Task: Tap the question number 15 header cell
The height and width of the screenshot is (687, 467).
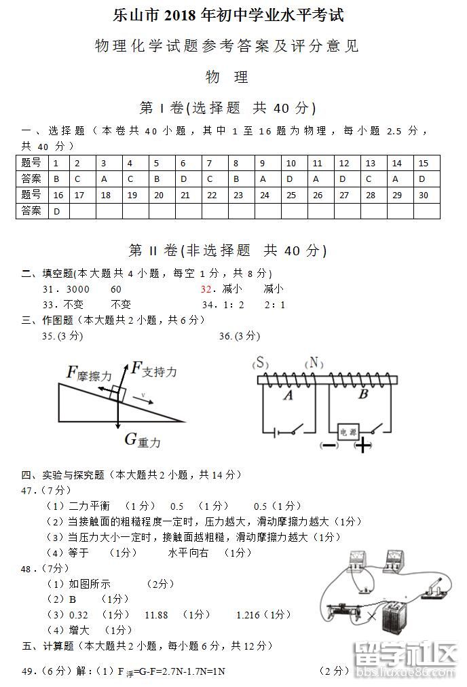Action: click(x=423, y=163)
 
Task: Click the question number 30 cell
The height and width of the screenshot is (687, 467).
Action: click(x=423, y=196)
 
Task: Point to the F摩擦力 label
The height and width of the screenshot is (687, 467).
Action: click(x=89, y=373)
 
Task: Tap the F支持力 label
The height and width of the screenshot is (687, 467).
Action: click(x=154, y=370)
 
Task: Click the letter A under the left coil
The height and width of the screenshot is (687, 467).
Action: click(x=288, y=395)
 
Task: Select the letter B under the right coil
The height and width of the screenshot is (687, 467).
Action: click(x=362, y=394)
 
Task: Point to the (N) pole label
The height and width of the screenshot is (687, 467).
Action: click(x=313, y=363)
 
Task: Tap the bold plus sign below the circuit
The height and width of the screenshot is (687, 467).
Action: click(x=364, y=445)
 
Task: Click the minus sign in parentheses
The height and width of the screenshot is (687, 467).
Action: click(x=329, y=445)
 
